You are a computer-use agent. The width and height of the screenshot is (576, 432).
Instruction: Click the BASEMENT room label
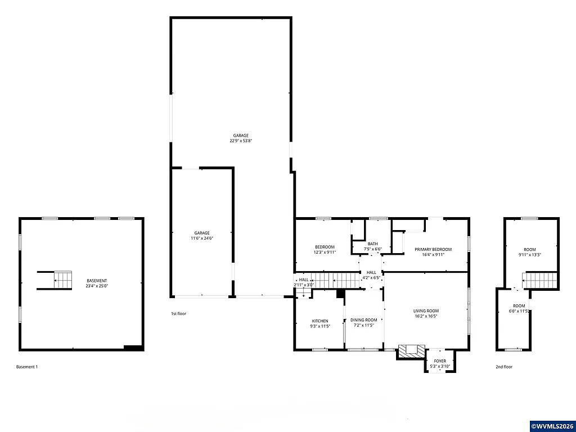[x=97, y=281]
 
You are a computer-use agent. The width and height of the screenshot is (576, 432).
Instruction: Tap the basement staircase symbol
[x=63, y=280]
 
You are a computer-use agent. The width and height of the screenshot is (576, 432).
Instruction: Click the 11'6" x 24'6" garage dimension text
[x=202, y=238]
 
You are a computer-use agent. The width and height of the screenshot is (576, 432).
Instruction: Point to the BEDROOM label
[x=325, y=247]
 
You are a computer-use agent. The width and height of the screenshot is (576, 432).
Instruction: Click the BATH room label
[x=373, y=244]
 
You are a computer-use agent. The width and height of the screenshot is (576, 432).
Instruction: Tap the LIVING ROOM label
[x=426, y=310]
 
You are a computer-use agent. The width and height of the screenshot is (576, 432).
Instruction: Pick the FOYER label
[x=440, y=361]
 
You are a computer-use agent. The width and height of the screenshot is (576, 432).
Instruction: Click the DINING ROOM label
[x=363, y=320]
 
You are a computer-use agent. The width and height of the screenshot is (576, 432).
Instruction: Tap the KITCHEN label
[x=319, y=321]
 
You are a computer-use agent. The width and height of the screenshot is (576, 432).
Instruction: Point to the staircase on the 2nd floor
[x=540, y=280]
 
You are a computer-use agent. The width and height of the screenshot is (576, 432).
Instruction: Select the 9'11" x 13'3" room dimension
[x=529, y=255]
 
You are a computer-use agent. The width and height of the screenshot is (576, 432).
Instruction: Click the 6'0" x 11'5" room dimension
[x=519, y=311]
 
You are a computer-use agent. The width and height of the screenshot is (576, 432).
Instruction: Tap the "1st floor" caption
[x=178, y=313]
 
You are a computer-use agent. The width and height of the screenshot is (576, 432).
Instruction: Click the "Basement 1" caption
[x=27, y=367]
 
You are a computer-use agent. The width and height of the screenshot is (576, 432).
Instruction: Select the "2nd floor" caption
[x=504, y=367]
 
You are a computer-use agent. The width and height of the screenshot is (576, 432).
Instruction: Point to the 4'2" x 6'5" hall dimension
[x=371, y=277]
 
